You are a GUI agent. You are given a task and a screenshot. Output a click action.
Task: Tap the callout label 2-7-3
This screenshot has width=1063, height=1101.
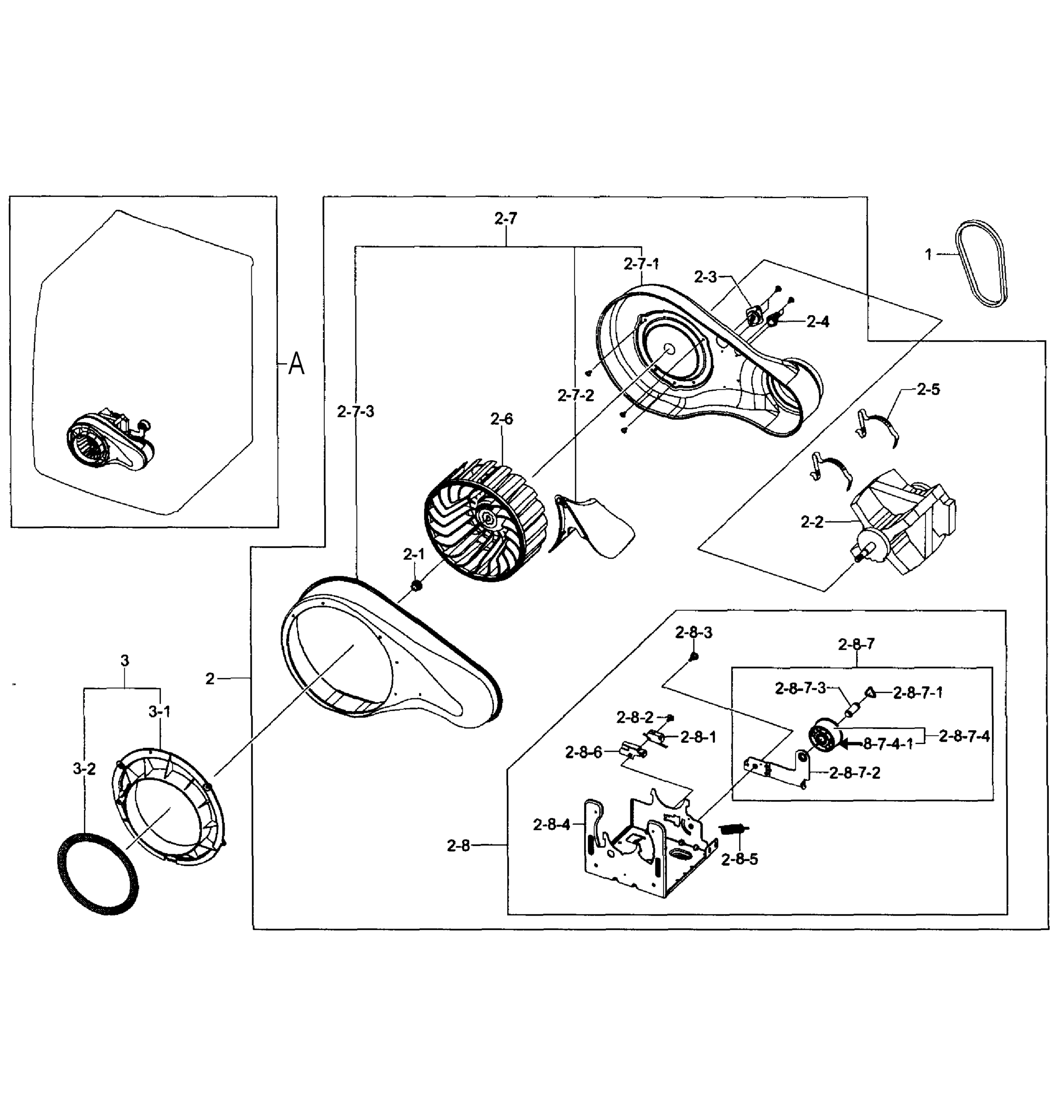(355, 412)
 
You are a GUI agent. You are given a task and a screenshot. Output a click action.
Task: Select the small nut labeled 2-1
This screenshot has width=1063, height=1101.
(416, 586)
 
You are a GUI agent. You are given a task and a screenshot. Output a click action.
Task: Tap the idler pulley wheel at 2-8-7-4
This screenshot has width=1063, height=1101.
(824, 737)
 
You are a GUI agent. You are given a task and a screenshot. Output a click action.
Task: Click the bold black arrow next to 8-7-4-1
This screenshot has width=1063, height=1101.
(851, 744)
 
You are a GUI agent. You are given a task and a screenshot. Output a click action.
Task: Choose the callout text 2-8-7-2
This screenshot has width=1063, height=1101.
(855, 773)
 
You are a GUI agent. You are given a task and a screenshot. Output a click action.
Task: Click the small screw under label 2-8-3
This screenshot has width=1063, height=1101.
(693, 656)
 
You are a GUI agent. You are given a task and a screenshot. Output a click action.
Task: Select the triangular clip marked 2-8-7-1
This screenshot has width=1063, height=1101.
(870, 692)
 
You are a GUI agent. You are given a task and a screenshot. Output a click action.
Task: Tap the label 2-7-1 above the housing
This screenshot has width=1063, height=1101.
(641, 263)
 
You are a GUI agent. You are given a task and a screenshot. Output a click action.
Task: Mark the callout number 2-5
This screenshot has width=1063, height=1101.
(928, 389)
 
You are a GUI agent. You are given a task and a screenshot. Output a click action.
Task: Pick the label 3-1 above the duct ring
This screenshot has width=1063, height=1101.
(160, 712)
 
